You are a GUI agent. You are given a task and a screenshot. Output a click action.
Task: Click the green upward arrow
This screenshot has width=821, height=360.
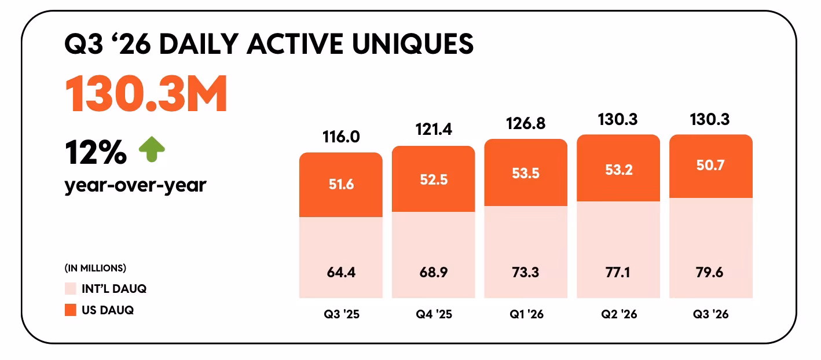152,149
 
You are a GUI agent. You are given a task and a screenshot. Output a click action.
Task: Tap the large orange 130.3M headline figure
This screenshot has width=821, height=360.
146,93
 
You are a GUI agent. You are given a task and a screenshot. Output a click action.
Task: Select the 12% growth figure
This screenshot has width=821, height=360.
96,152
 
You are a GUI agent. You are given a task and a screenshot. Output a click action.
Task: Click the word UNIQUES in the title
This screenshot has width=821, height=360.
413,44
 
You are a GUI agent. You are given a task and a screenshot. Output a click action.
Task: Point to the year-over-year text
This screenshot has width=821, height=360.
135,185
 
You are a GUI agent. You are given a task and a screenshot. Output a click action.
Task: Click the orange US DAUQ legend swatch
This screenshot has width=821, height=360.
71,310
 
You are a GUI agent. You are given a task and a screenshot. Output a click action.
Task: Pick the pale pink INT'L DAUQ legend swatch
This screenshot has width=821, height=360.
71,289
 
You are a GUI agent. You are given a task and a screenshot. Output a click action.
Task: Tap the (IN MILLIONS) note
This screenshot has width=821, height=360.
96,268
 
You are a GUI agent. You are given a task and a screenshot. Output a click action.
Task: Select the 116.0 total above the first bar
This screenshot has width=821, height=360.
341,137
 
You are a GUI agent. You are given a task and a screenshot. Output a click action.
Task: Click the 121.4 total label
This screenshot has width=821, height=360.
434,129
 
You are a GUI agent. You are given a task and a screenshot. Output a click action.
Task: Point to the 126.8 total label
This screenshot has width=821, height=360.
526,123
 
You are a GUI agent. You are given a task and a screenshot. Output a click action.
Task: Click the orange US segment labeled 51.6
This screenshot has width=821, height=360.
341,185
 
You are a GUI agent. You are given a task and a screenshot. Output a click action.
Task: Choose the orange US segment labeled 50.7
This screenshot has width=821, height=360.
711,166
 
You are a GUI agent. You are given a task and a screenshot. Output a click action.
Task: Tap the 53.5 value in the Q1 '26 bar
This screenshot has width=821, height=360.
526,173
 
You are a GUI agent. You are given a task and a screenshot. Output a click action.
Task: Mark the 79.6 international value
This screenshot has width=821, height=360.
710,273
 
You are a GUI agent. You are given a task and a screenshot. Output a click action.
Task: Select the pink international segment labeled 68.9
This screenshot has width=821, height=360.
434,255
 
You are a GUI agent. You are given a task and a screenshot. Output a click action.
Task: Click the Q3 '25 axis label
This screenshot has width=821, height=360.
342,314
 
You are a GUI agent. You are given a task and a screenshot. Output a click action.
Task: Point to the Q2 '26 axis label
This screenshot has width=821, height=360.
619,314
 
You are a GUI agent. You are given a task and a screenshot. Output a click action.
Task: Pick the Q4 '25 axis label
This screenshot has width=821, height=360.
434,314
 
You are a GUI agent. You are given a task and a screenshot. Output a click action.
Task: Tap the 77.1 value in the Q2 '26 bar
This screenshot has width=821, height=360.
618,273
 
